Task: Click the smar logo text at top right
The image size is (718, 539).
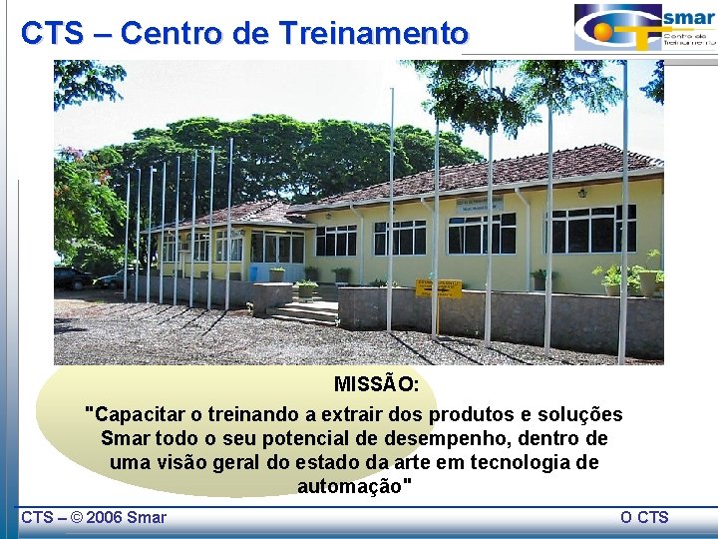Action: tap(689, 18)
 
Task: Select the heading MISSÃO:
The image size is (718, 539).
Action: tap(376, 385)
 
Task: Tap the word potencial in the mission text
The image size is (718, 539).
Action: tap(303, 439)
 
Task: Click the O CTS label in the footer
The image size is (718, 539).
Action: tap(644, 517)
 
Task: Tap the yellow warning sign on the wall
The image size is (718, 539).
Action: tap(439, 288)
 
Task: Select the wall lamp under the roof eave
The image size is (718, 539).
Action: tap(581, 193)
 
